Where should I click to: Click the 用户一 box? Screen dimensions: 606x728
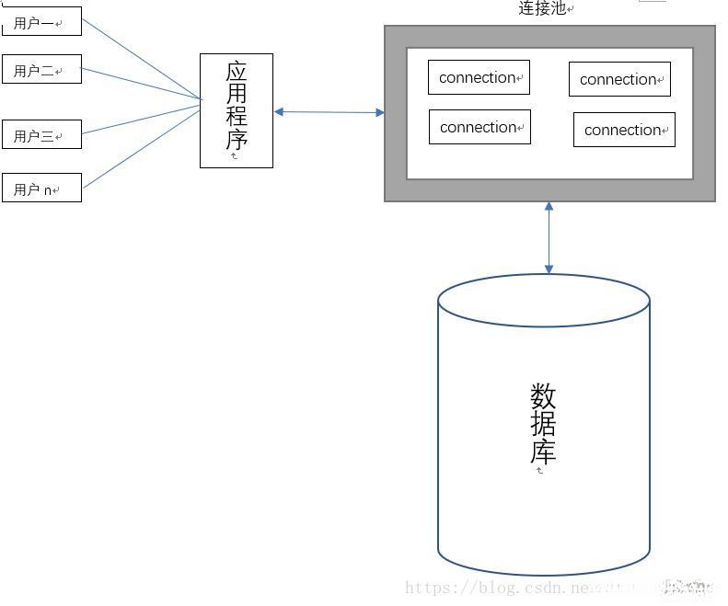pyautogui.click(x=41, y=22)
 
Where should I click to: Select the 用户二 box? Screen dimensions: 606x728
pyautogui.click(x=41, y=70)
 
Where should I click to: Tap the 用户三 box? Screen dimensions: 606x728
pyautogui.click(x=41, y=135)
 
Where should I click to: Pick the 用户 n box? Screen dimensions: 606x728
pyautogui.click(x=41, y=189)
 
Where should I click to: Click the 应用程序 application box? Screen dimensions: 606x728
pyautogui.click(x=237, y=110)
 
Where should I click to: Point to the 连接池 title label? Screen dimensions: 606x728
pyautogui.click(x=544, y=8)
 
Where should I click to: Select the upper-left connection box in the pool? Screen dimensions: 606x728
pyautogui.click(x=479, y=77)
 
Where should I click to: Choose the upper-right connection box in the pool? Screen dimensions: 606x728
pyautogui.click(x=619, y=79)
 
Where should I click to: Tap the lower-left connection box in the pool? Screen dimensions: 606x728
pyautogui.click(x=480, y=127)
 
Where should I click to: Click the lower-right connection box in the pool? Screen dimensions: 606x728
pyautogui.click(x=624, y=130)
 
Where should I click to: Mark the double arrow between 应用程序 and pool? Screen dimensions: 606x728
pyautogui.click(x=329, y=112)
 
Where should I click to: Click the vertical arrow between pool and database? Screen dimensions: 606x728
pyautogui.click(x=549, y=237)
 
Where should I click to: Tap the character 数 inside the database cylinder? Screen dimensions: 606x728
pyautogui.click(x=543, y=397)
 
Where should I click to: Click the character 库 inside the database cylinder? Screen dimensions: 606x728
pyautogui.click(x=543, y=452)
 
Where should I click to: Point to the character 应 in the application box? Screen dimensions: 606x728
pyautogui.click(x=237, y=71)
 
